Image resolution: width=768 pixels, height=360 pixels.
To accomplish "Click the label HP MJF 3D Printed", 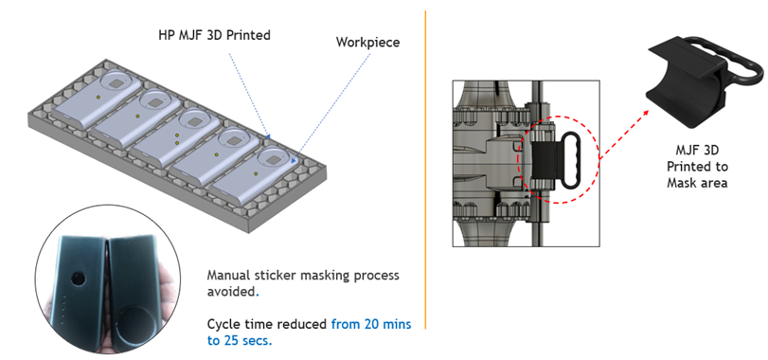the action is pyautogui.click(x=214, y=35).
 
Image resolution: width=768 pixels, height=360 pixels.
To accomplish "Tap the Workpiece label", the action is pyautogui.click(x=367, y=42).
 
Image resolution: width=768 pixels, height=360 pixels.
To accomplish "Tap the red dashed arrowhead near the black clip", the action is pyautogui.click(x=645, y=113).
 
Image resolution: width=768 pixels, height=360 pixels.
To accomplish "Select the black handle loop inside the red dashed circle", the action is pyautogui.click(x=570, y=160).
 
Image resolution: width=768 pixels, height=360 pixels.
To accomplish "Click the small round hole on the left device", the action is pyautogui.click(x=77, y=279).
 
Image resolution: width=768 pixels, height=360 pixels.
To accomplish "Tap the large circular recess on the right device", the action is pyautogui.click(x=136, y=327).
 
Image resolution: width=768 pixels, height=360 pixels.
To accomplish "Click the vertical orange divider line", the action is pyautogui.click(x=425, y=170).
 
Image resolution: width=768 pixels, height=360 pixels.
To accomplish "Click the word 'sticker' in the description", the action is pyautogui.click(x=273, y=276).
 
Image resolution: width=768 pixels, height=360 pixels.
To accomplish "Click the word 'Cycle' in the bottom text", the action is pyautogui.click(x=222, y=324).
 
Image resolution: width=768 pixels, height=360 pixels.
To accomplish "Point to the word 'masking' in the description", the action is pyautogui.click(x=326, y=276).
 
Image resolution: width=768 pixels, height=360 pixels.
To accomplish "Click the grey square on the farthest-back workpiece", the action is pyautogui.click(x=116, y=84).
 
